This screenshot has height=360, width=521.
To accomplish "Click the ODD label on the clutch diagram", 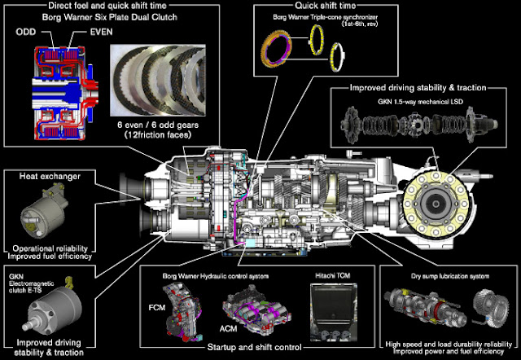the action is point(26,33).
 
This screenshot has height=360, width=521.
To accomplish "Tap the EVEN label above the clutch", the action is point(101,32).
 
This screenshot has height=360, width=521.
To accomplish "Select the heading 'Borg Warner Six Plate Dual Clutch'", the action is point(110,17).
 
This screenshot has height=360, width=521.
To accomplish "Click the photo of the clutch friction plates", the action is point(158,81).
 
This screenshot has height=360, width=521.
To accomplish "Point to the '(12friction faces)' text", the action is point(158,134).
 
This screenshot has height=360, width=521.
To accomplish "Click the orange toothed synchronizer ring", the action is point(276,50).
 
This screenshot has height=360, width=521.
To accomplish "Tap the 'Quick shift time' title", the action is point(326,6).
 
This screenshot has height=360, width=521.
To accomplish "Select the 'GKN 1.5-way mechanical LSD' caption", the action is point(420,101).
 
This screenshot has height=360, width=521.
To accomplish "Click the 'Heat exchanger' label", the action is point(50,176).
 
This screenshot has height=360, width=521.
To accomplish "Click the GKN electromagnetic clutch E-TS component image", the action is point(53,310).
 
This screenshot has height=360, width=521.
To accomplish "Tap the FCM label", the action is point(157,308).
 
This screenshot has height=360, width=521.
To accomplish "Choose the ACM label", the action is point(228,329).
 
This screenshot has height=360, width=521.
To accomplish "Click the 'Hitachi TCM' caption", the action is point(333,275).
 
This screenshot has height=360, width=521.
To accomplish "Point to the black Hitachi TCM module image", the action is point(334,312).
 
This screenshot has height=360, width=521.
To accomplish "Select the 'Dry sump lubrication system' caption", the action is point(450,276).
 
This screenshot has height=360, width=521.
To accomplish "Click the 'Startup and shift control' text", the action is point(254,347).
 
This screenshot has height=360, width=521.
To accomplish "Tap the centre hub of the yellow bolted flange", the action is point(436,203).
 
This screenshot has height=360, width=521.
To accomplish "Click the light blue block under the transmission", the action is point(250,243).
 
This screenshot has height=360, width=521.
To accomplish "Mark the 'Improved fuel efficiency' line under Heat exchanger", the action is point(50,257).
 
